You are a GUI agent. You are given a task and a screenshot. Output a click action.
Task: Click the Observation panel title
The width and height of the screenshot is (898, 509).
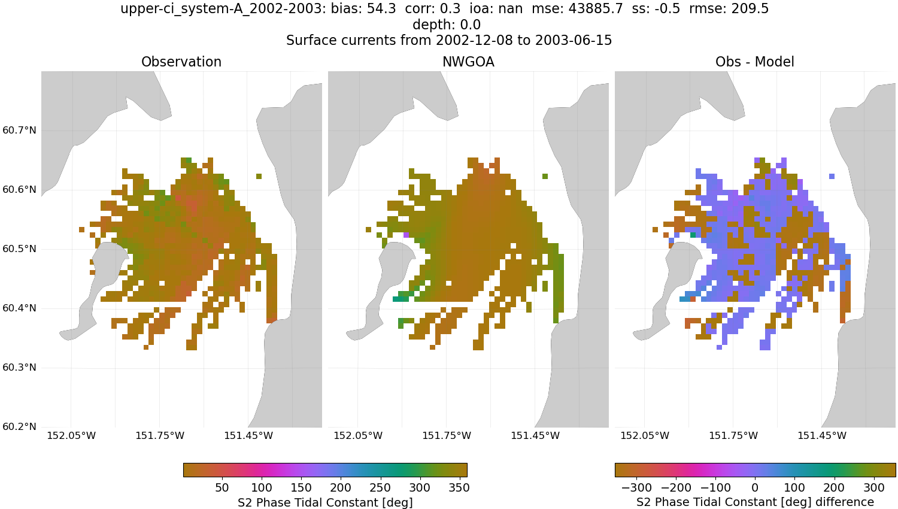click(181, 62)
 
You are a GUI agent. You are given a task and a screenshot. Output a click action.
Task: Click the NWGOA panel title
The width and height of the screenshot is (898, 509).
click(468, 62)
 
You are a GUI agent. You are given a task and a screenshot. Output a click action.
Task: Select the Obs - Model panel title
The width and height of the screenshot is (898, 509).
click(754, 62)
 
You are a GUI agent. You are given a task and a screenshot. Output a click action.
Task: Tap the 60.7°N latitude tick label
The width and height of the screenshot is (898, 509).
click(19, 131)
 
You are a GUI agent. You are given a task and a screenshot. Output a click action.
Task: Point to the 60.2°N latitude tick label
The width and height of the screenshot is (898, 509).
click(19, 427)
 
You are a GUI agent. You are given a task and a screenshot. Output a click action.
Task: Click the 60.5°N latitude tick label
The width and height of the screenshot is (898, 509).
click(19, 249)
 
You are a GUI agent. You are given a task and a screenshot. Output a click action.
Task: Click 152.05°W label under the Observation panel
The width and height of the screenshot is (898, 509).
click(71, 436)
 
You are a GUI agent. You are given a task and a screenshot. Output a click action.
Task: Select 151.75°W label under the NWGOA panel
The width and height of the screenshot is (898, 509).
click(447, 436)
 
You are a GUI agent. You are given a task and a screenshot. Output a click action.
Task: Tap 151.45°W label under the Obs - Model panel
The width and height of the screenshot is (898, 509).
click(821, 436)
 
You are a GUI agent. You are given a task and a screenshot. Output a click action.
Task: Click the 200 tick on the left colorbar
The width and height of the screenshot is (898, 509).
click(341, 488)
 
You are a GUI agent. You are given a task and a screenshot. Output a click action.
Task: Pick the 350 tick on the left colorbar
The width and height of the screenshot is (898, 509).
click(459, 488)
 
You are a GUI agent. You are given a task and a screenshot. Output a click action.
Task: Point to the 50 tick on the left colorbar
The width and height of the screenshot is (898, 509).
click(222, 488)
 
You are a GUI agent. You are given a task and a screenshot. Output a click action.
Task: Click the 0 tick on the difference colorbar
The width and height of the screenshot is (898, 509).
click(755, 488)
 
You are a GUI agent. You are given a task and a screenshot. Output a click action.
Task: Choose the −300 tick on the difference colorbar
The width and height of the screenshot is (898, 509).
click(636, 488)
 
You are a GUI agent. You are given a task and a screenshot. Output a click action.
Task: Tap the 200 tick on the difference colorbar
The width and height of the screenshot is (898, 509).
click(834, 488)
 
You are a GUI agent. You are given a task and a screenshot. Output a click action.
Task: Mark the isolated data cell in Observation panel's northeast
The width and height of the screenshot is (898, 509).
click(259, 177)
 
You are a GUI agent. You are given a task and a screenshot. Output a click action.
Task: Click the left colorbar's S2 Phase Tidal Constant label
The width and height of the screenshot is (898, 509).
click(325, 502)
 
